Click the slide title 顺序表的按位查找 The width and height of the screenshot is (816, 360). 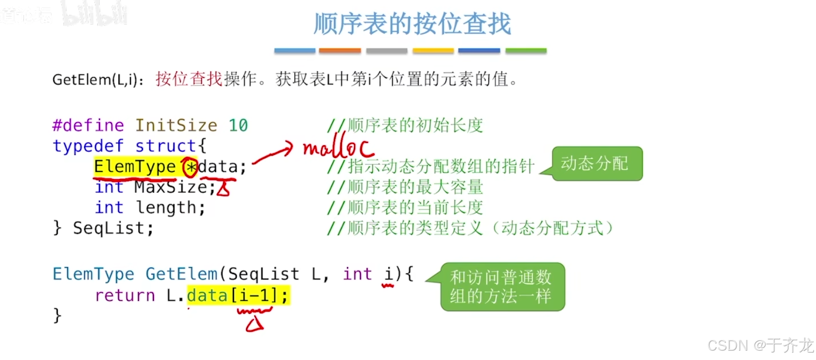click(x=412, y=24)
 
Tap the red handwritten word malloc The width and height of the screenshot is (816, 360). click(x=338, y=147)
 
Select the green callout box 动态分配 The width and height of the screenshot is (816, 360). click(x=597, y=163)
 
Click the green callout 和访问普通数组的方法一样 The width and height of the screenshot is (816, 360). click(x=502, y=287)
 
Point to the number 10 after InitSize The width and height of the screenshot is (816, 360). click(x=238, y=126)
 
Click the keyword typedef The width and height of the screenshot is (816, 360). click(x=88, y=146)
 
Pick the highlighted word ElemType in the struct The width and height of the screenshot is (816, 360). click(x=135, y=167)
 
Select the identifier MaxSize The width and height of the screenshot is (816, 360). click(x=171, y=187)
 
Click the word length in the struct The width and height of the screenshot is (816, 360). click(x=166, y=208)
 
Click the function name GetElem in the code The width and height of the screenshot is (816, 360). click(x=181, y=274)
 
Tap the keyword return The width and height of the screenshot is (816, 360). click(x=125, y=295)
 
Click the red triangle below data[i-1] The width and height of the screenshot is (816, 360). click(x=254, y=324)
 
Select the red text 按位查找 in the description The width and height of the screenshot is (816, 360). click(x=189, y=79)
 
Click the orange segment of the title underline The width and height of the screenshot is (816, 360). click(x=340, y=50)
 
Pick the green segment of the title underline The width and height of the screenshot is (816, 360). click(x=525, y=50)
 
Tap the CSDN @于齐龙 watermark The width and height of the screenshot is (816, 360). click(x=760, y=345)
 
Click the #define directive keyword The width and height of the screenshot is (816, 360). click(x=88, y=126)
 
